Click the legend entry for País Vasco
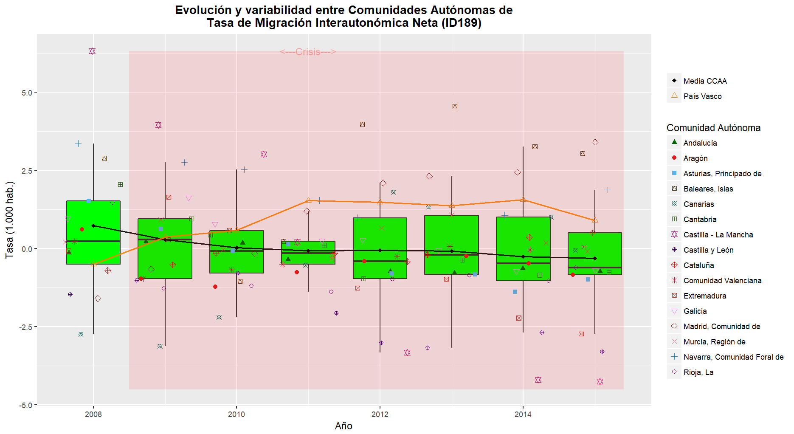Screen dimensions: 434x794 (702, 96)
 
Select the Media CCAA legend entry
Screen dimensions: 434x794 (705, 81)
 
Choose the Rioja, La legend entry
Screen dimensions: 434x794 (698, 372)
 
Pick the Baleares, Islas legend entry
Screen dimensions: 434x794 (708, 189)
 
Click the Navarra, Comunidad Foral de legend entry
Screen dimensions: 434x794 (733, 357)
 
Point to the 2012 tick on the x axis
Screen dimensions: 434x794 (380, 414)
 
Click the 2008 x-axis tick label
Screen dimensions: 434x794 (93, 414)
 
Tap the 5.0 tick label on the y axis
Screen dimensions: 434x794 (27, 93)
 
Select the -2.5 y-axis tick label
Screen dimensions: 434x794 (26, 327)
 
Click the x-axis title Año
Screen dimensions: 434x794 (344, 426)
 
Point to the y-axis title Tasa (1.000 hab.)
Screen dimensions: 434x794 (9, 220)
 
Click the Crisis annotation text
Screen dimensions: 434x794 (308, 52)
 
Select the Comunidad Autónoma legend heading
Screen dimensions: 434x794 (713, 128)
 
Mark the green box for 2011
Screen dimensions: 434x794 (308, 253)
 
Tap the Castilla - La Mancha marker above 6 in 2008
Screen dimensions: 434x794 (92, 51)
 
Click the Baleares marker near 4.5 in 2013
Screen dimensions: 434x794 (455, 107)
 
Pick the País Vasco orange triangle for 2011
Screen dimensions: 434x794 (309, 200)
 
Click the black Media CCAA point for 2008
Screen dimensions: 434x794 (93, 226)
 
